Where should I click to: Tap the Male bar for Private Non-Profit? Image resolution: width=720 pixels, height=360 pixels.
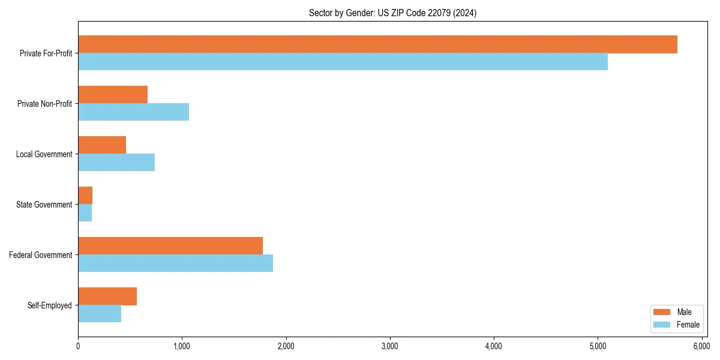pos(113,95)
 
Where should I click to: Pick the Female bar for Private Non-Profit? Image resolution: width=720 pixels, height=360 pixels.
pos(133,112)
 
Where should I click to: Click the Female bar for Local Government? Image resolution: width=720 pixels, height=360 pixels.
pos(116,163)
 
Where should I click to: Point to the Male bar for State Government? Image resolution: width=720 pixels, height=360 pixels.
pos(85,196)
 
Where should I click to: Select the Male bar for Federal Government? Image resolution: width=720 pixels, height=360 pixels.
pos(170,246)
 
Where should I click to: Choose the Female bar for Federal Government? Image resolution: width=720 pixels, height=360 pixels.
pos(175,263)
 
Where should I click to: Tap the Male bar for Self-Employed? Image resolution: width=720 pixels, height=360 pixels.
pos(107,296)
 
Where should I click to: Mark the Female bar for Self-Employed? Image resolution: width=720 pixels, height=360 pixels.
pos(100,314)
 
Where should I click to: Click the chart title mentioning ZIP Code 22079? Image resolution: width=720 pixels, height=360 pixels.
pos(392,13)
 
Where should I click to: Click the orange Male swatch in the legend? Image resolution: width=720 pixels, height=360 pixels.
pos(662,312)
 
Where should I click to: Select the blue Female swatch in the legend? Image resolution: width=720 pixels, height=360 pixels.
pos(662,325)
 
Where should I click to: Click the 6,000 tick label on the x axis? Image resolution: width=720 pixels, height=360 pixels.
pos(701,346)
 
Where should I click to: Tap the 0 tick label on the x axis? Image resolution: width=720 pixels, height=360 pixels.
pos(78,346)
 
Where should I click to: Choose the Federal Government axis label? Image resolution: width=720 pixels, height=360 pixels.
pos(41,255)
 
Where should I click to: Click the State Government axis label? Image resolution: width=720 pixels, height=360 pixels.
pos(44,205)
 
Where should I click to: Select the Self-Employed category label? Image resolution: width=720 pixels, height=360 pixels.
pos(50,305)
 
